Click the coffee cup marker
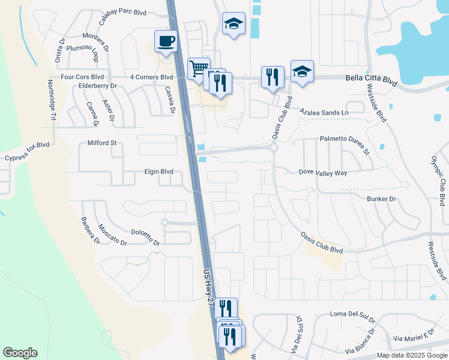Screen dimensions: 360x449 (x=166, y=42)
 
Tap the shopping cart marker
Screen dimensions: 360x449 (x=199, y=68)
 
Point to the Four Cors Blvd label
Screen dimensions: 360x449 (x=82, y=77)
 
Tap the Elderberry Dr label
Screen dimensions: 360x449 (x=97, y=86)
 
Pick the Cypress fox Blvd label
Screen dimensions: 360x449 (x=26, y=152)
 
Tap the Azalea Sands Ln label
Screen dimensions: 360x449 (x=324, y=112)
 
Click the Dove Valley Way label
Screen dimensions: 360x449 (x=323, y=173)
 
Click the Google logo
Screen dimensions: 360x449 (x=20, y=353)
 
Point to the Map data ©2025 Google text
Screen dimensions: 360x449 (x=412, y=355)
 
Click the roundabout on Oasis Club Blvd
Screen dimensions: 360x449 (x=274, y=147)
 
